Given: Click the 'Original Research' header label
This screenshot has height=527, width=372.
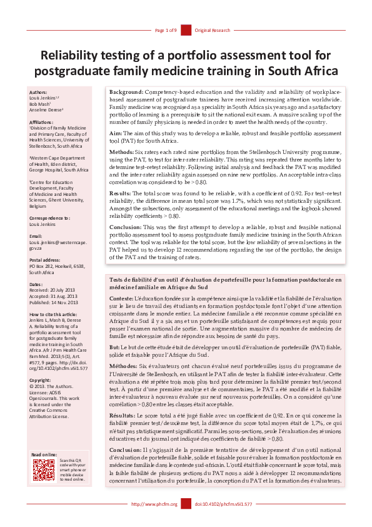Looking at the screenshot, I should pos(213,30).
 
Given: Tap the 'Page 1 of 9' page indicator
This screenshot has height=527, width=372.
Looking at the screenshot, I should pos(166,30).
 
